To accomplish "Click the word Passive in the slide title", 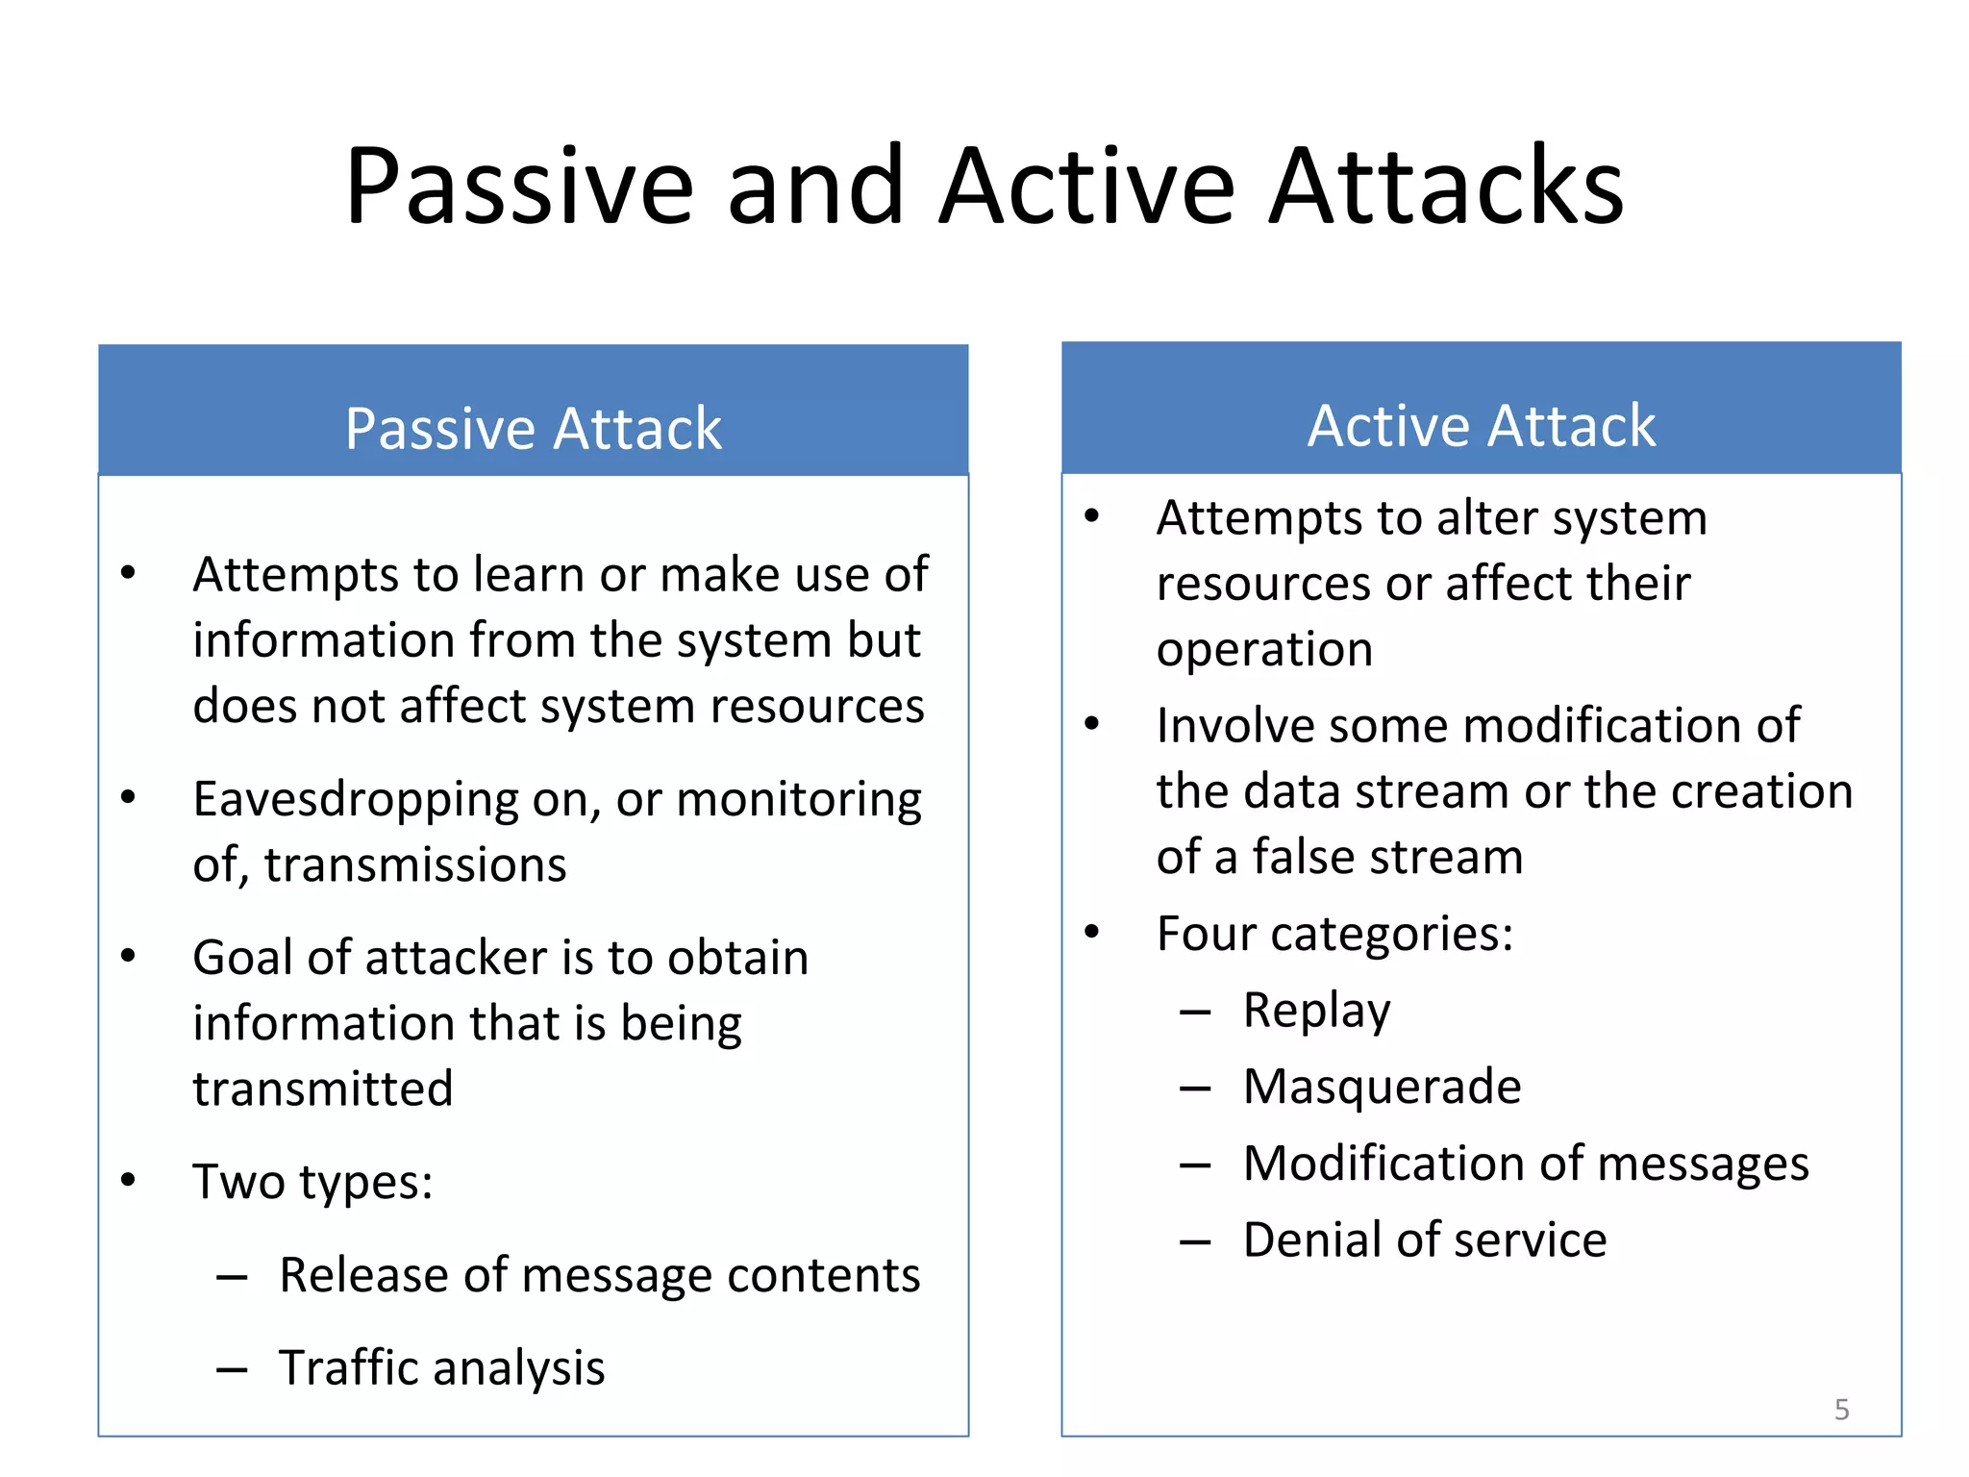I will (x=519, y=188).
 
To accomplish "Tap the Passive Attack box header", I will (x=533, y=427).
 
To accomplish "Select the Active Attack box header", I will (x=1481, y=425).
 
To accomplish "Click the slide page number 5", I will (x=1841, y=1410).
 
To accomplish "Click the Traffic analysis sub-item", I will (x=441, y=1367).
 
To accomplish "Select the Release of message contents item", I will (x=599, y=1276).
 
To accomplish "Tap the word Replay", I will (x=1316, y=1011).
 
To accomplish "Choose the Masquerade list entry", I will (x=1382, y=1087).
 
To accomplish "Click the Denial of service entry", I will (x=1424, y=1239).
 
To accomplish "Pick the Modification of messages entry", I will (x=1525, y=1164).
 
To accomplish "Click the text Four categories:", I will (x=1334, y=934).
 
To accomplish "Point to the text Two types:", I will (x=312, y=1182).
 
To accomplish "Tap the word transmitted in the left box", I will (x=322, y=1089).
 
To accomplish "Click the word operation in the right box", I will (x=1264, y=650).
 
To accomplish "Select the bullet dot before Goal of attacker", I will (x=129, y=956).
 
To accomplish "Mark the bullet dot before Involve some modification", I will (x=1091, y=723).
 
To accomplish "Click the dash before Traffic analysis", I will (x=232, y=1369).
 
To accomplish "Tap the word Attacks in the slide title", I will (x=1446, y=188).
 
